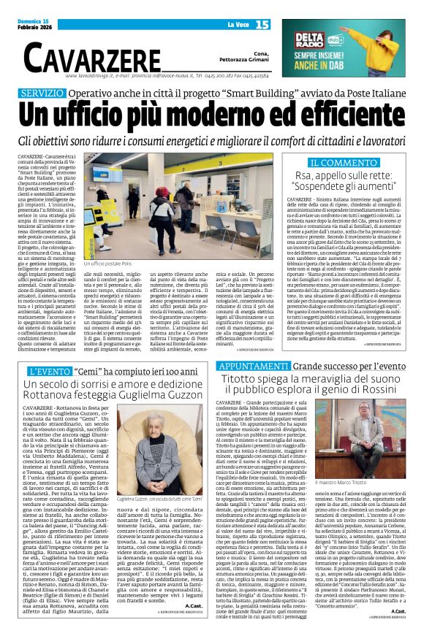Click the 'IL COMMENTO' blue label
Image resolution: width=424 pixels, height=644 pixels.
[x=337, y=162]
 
